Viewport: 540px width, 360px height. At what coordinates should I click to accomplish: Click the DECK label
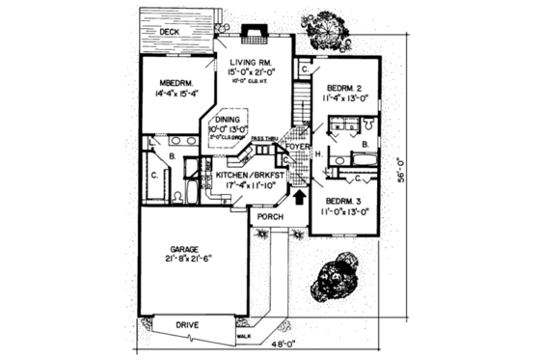(x=170, y=32)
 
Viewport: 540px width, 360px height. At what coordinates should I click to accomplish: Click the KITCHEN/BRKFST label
(x=240, y=176)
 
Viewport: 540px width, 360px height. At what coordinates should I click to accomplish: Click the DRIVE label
(x=187, y=325)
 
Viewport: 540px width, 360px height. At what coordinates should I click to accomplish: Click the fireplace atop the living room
(x=255, y=31)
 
